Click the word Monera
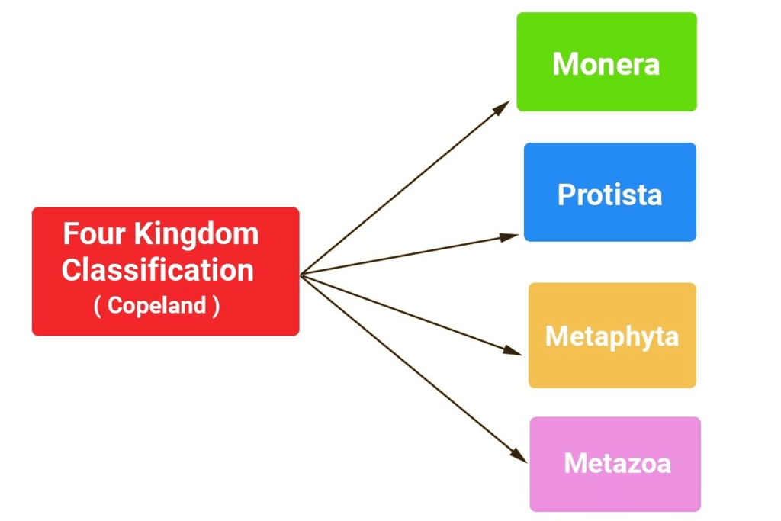click(x=606, y=64)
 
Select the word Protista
click(x=609, y=195)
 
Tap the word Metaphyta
click(x=612, y=336)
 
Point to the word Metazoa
click(x=617, y=463)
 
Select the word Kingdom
click(x=196, y=234)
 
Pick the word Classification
click(x=158, y=270)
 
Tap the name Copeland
click(x=157, y=306)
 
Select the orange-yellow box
click(x=612, y=370)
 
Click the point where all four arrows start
click(x=301, y=275)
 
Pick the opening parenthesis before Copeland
click(x=98, y=307)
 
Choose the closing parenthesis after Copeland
click(x=217, y=307)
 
